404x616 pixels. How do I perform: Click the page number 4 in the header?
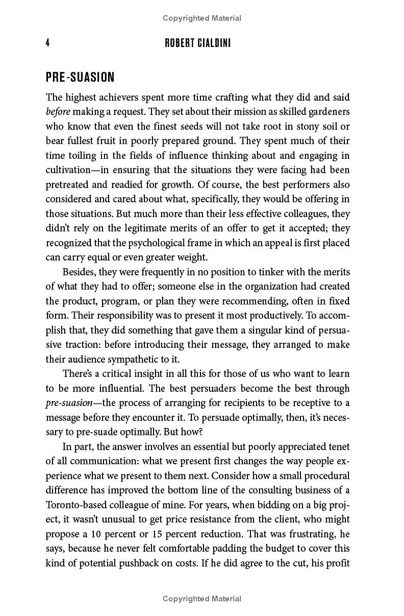tap(47, 43)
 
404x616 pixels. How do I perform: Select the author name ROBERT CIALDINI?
tap(198, 43)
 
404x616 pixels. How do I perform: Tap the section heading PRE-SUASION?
tap(80, 77)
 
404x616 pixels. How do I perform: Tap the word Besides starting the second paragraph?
tap(80, 272)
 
